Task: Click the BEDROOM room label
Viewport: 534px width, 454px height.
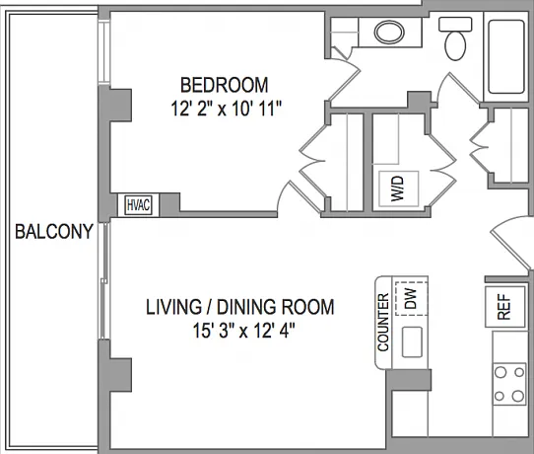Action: click(224, 85)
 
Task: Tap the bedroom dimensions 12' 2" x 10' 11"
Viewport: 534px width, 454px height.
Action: click(227, 110)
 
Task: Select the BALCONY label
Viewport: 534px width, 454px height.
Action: click(54, 232)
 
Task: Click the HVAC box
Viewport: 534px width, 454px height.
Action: click(138, 205)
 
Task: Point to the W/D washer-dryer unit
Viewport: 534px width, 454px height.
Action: click(398, 189)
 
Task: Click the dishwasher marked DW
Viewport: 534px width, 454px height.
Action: click(412, 298)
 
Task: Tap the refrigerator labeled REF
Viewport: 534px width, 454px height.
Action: click(504, 307)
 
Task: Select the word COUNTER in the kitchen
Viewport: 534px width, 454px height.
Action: click(383, 322)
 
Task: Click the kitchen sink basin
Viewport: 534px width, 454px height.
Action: click(412, 342)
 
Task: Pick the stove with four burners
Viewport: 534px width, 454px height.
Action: click(509, 384)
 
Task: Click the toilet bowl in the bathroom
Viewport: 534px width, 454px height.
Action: click(455, 45)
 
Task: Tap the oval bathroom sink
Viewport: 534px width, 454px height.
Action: click(389, 32)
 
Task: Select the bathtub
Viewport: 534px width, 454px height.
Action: click(506, 56)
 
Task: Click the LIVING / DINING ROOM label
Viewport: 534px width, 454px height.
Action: click(240, 307)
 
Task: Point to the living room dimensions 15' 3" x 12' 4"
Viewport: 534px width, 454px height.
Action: click(243, 331)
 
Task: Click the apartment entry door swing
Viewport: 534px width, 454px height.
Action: click(510, 242)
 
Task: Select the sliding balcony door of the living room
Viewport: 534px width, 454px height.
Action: click(104, 280)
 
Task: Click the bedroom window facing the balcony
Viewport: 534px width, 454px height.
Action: click(104, 51)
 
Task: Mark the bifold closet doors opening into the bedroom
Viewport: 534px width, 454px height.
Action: click(313, 160)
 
